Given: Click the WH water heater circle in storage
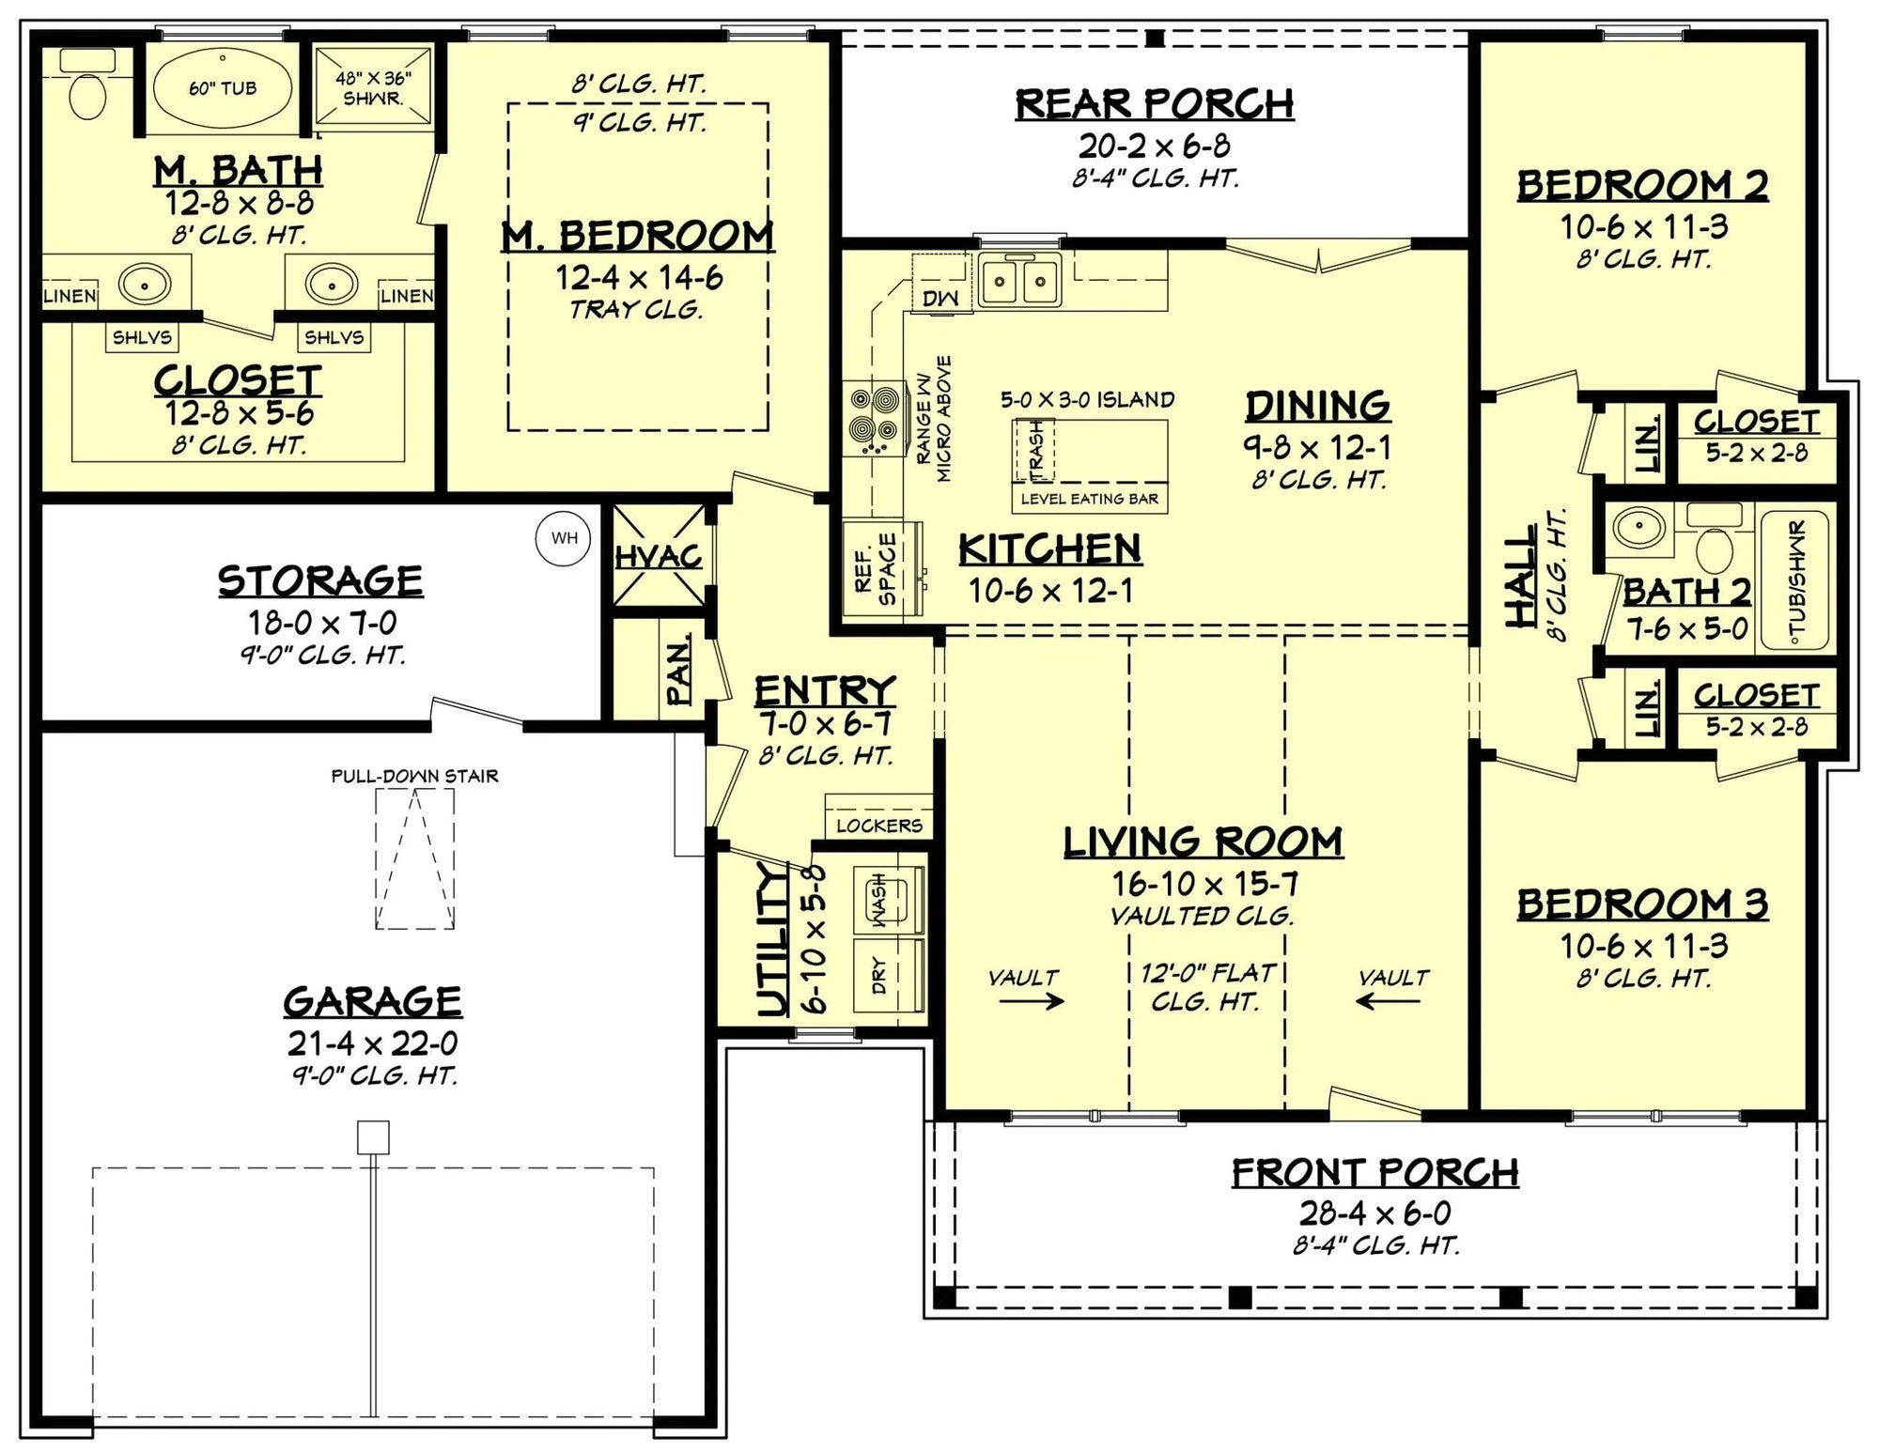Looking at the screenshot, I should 564,538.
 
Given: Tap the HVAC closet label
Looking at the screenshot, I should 659,557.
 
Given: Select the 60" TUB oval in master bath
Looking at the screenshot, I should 223,88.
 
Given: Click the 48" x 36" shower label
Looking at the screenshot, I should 373,88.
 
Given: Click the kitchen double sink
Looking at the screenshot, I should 1019,280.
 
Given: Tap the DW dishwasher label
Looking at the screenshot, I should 940,298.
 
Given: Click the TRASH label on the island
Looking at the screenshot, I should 1035,448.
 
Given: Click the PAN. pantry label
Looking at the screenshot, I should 678,669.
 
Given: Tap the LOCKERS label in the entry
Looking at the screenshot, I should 878,826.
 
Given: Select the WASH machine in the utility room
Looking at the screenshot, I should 887,899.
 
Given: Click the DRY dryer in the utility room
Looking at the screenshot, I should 887,974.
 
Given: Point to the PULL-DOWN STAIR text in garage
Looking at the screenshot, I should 414,776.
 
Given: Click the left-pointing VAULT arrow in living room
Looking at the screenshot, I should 1388,1001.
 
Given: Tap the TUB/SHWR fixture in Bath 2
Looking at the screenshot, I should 1795,580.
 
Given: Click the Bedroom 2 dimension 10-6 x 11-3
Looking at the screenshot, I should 1644,226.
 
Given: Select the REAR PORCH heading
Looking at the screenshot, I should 1154,104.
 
